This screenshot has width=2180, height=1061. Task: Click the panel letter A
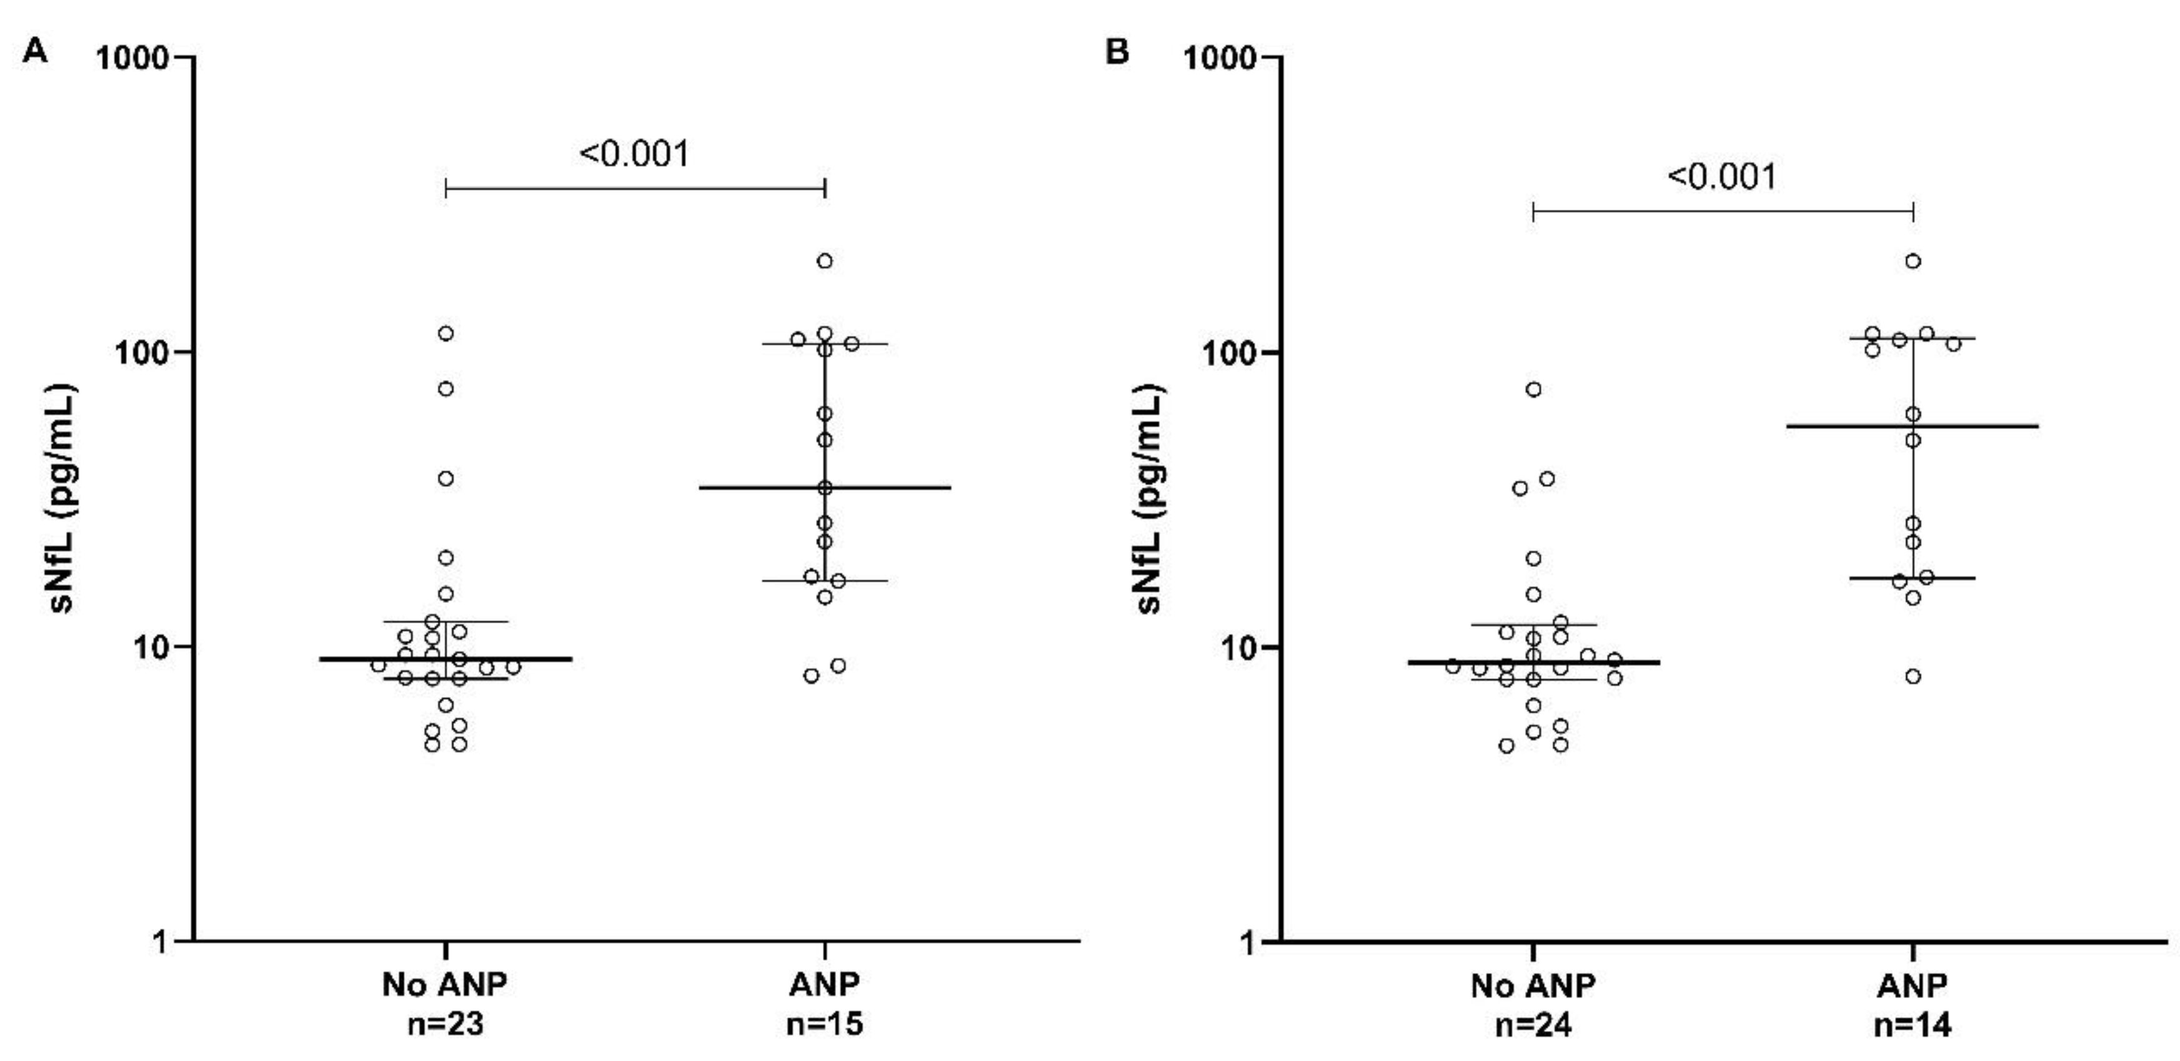35,52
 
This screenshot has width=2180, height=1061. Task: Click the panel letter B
1117,52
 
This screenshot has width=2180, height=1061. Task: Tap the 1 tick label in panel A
161,942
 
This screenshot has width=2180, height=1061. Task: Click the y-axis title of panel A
61,498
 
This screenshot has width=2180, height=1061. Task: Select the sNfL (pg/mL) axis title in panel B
1148,498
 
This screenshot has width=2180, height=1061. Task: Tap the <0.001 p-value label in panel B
1722,177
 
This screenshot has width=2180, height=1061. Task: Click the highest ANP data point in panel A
824,260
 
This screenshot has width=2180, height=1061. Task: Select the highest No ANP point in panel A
445,333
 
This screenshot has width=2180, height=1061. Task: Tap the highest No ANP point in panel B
1533,389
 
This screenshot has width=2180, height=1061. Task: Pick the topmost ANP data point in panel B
1913,260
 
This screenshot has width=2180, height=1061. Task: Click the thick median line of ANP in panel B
1972,427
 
